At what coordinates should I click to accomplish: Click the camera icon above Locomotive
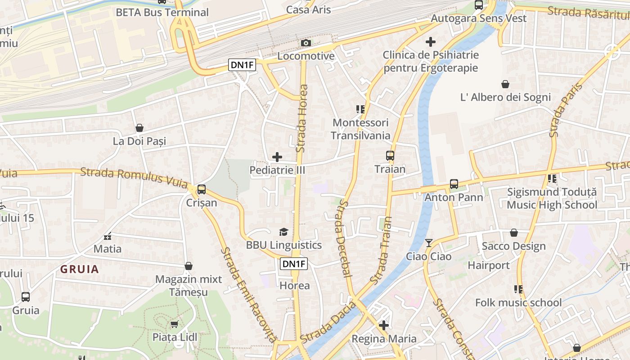306,43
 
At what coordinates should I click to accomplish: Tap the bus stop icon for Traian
390,156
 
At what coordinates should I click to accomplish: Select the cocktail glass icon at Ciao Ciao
428,243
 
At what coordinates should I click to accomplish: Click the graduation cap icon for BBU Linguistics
283,232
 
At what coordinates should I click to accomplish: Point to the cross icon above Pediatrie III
277,157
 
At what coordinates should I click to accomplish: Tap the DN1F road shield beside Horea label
294,264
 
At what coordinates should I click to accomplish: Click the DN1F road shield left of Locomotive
242,65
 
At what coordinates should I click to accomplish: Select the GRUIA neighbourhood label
80,269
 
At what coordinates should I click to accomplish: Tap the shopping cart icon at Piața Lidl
174,324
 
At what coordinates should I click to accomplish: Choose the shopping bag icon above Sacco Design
513,233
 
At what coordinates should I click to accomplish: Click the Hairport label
489,265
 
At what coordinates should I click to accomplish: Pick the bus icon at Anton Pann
454,184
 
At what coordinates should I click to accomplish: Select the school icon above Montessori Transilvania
360,109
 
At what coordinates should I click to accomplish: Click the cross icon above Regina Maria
384,325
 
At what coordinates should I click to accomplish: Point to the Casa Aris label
308,9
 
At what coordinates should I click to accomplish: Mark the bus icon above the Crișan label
202,189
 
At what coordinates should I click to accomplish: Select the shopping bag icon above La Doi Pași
139,128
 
